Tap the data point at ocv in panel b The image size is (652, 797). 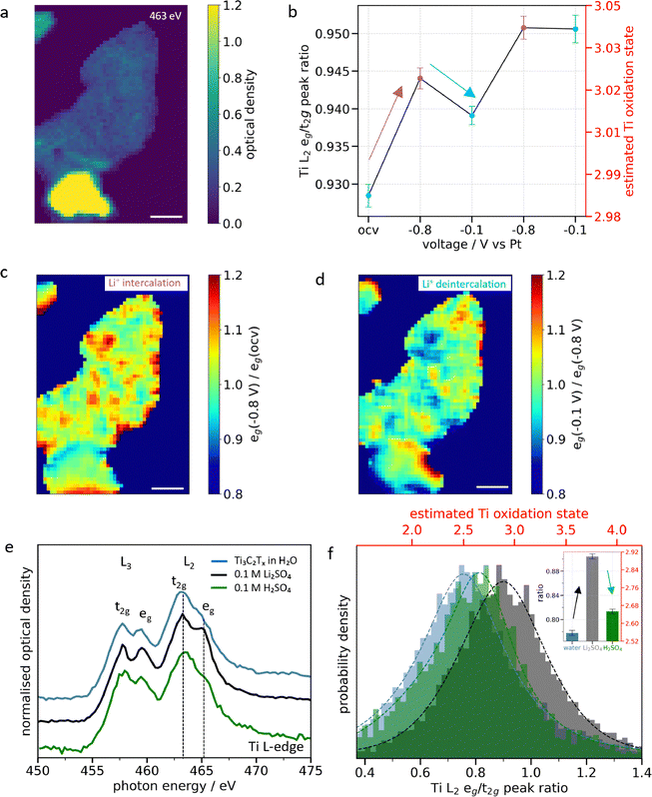368,195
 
